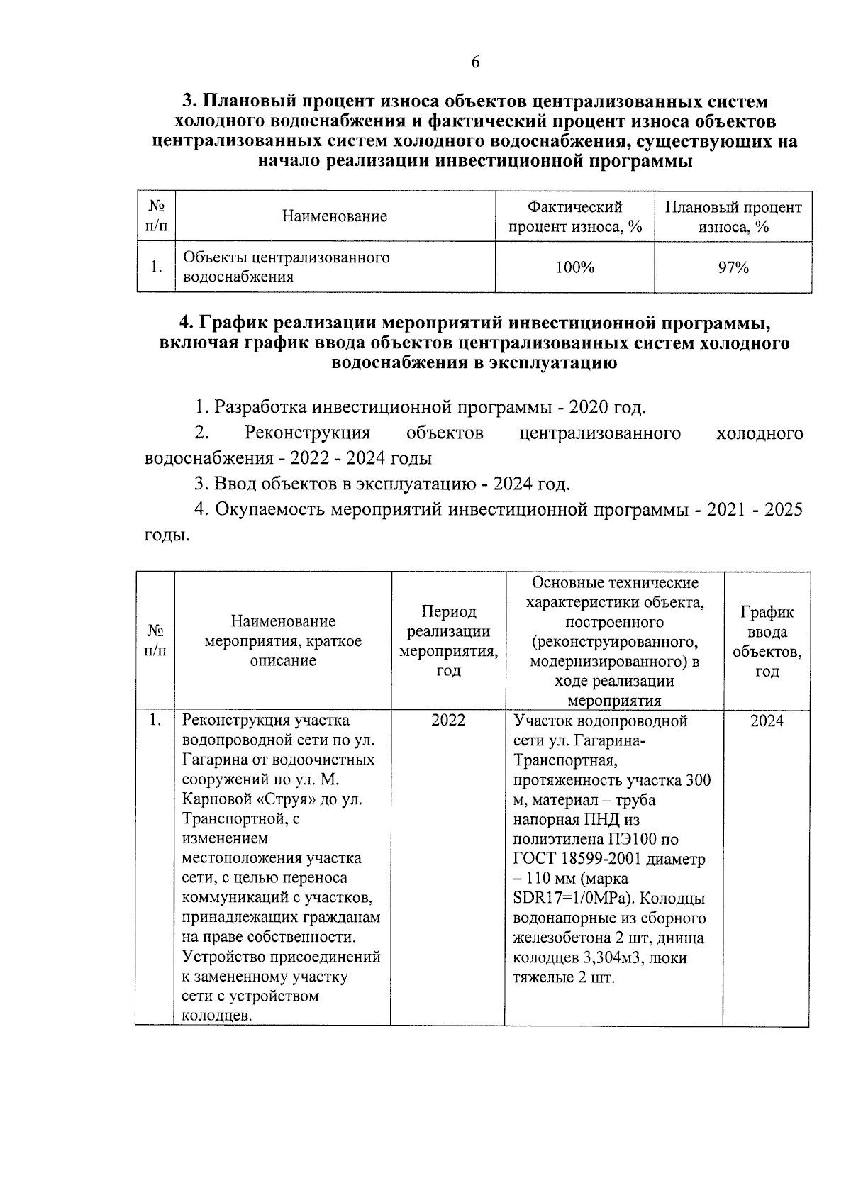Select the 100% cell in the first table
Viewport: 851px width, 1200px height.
point(574,267)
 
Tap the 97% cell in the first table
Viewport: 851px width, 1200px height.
point(733,267)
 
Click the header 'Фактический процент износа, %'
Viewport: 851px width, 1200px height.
point(574,216)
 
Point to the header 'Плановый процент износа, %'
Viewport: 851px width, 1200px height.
point(733,216)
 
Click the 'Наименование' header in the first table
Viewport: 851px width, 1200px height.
point(335,216)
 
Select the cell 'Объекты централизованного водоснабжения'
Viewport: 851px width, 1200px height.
point(287,267)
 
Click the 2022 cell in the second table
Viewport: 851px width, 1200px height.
point(448,721)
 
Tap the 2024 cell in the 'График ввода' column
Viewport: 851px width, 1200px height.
point(767,721)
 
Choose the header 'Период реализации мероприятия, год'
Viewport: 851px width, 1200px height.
point(448,640)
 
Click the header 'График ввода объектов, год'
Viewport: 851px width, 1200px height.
point(767,640)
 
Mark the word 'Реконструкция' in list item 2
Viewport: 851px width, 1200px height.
point(307,433)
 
